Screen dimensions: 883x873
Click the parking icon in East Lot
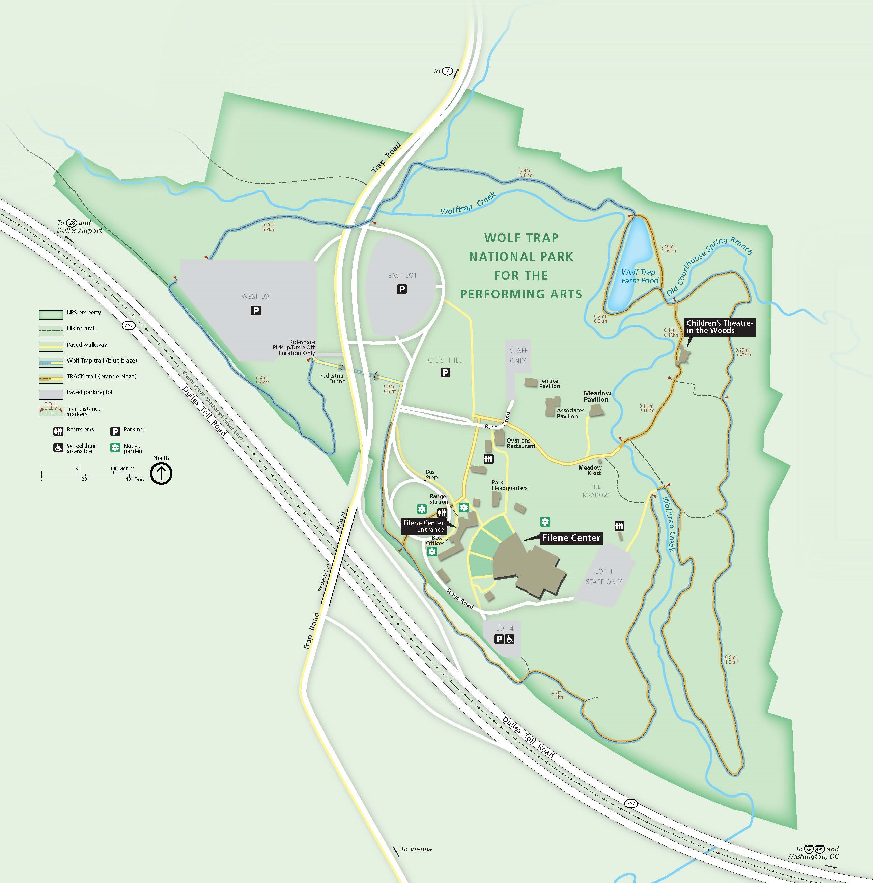pyautogui.click(x=401, y=289)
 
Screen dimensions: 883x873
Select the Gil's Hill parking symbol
pyautogui.click(x=445, y=373)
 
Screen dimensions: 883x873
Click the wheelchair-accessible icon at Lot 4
pyautogui.click(x=510, y=639)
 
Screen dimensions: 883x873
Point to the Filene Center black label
pyautogui.click(x=571, y=538)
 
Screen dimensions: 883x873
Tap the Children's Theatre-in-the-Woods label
pyautogui.click(x=719, y=327)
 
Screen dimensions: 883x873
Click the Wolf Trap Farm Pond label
pyautogui.click(x=640, y=276)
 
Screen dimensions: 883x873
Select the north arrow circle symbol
pyautogui.click(x=161, y=474)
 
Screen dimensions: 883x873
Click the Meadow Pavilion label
pyautogui.click(x=597, y=396)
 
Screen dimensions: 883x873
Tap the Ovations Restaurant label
pyautogui.click(x=520, y=443)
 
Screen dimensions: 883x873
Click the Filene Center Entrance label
pyautogui.click(x=423, y=526)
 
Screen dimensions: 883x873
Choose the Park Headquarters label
pyautogui.click(x=509, y=485)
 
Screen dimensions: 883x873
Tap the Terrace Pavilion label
pyautogui.click(x=550, y=383)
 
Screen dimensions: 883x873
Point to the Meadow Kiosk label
pyautogui.click(x=590, y=470)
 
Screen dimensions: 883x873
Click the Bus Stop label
pyautogui.click(x=431, y=474)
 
